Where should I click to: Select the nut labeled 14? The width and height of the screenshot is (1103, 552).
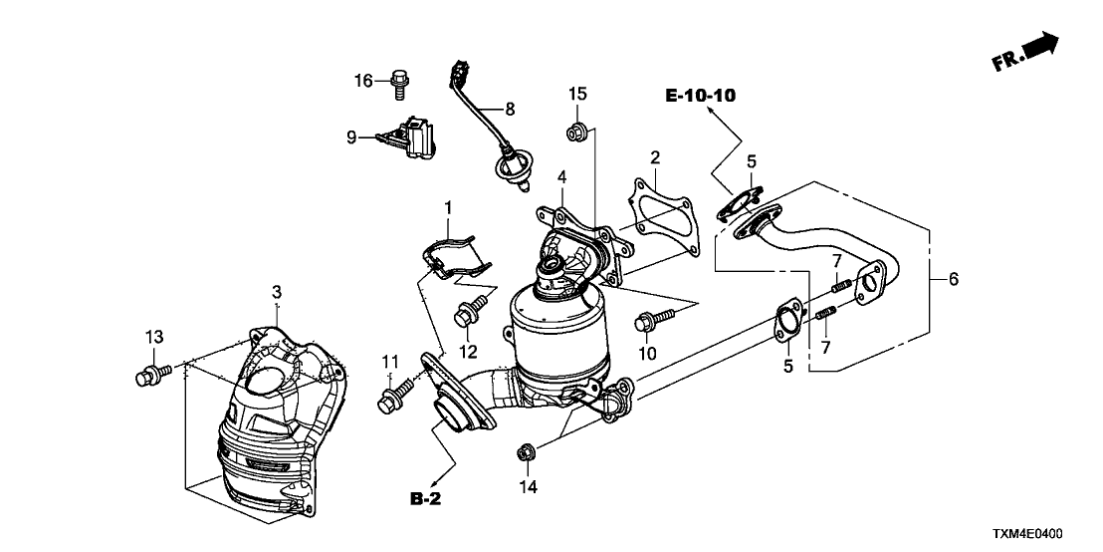(x=528, y=456)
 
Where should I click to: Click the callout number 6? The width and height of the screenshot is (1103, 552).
(x=953, y=281)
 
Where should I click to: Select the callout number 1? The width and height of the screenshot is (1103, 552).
(x=448, y=208)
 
